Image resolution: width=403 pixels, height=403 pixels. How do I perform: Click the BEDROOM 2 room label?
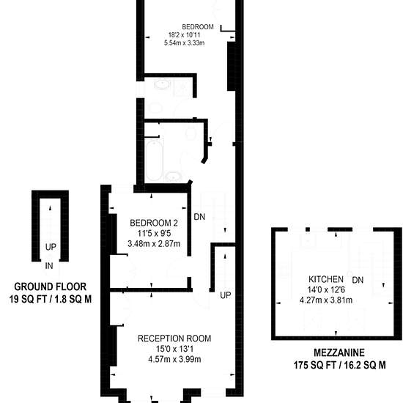tap(154, 223)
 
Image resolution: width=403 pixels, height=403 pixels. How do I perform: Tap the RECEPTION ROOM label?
tap(174, 339)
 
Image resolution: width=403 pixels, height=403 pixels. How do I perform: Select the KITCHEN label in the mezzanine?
tap(326, 279)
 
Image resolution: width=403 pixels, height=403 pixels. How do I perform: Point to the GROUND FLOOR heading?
tap(50, 286)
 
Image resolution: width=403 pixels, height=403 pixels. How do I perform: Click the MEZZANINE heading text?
tap(339, 352)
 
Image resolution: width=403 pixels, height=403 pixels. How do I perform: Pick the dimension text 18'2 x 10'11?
tap(184, 34)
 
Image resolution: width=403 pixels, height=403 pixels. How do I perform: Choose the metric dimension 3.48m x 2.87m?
tap(154, 244)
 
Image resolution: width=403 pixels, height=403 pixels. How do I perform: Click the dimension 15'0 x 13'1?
tap(175, 349)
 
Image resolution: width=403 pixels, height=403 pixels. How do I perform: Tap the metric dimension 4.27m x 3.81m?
tap(326, 300)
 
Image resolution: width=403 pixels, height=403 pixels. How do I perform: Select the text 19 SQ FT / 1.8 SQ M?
tap(51, 299)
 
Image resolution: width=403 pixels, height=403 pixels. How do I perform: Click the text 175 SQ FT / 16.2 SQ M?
tap(339, 365)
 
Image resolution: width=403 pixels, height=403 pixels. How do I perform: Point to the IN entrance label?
tap(49, 266)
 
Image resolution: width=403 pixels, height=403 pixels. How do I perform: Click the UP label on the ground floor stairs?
tap(51, 247)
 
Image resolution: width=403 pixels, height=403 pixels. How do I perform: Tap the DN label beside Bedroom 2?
tap(199, 217)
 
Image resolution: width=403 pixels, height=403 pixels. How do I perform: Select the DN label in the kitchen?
tap(358, 280)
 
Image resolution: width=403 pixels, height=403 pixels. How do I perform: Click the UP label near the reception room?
tap(226, 295)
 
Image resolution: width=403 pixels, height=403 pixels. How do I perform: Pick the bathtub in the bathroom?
tap(154, 160)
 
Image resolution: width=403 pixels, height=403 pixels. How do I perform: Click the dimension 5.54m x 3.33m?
tap(184, 42)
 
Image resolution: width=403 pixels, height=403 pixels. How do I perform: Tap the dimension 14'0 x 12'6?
tap(326, 289)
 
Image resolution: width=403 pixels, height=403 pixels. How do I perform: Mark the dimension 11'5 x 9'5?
tap(154, 233)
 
